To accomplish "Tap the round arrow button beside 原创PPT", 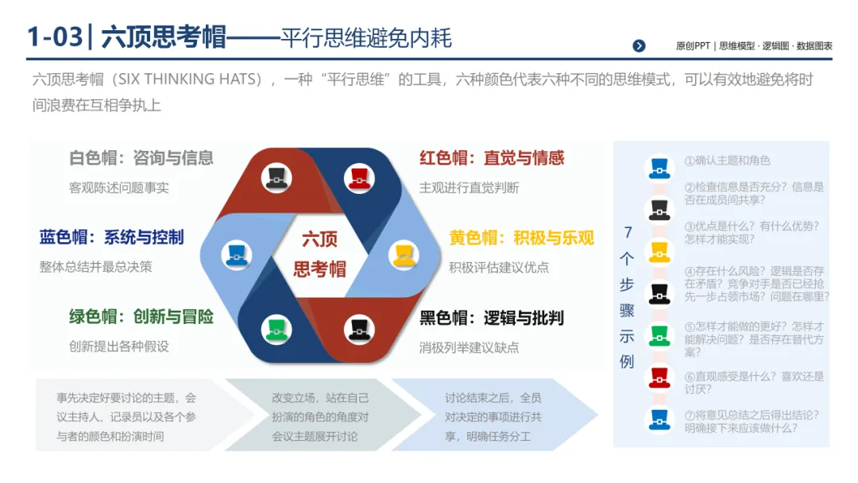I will (639, 46).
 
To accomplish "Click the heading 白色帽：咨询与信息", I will (141, 158).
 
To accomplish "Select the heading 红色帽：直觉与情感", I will (492, 158).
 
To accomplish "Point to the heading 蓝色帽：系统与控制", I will (111, 237).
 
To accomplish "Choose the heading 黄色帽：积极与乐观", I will (521, 238).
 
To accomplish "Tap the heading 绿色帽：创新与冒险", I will (141, 317).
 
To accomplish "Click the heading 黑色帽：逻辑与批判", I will (492, 318).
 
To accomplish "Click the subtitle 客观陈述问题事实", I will (118, 188).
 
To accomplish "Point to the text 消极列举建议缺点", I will (469, 347).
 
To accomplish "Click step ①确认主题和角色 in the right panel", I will (727, 160).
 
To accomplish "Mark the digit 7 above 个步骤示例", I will (628, 232).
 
